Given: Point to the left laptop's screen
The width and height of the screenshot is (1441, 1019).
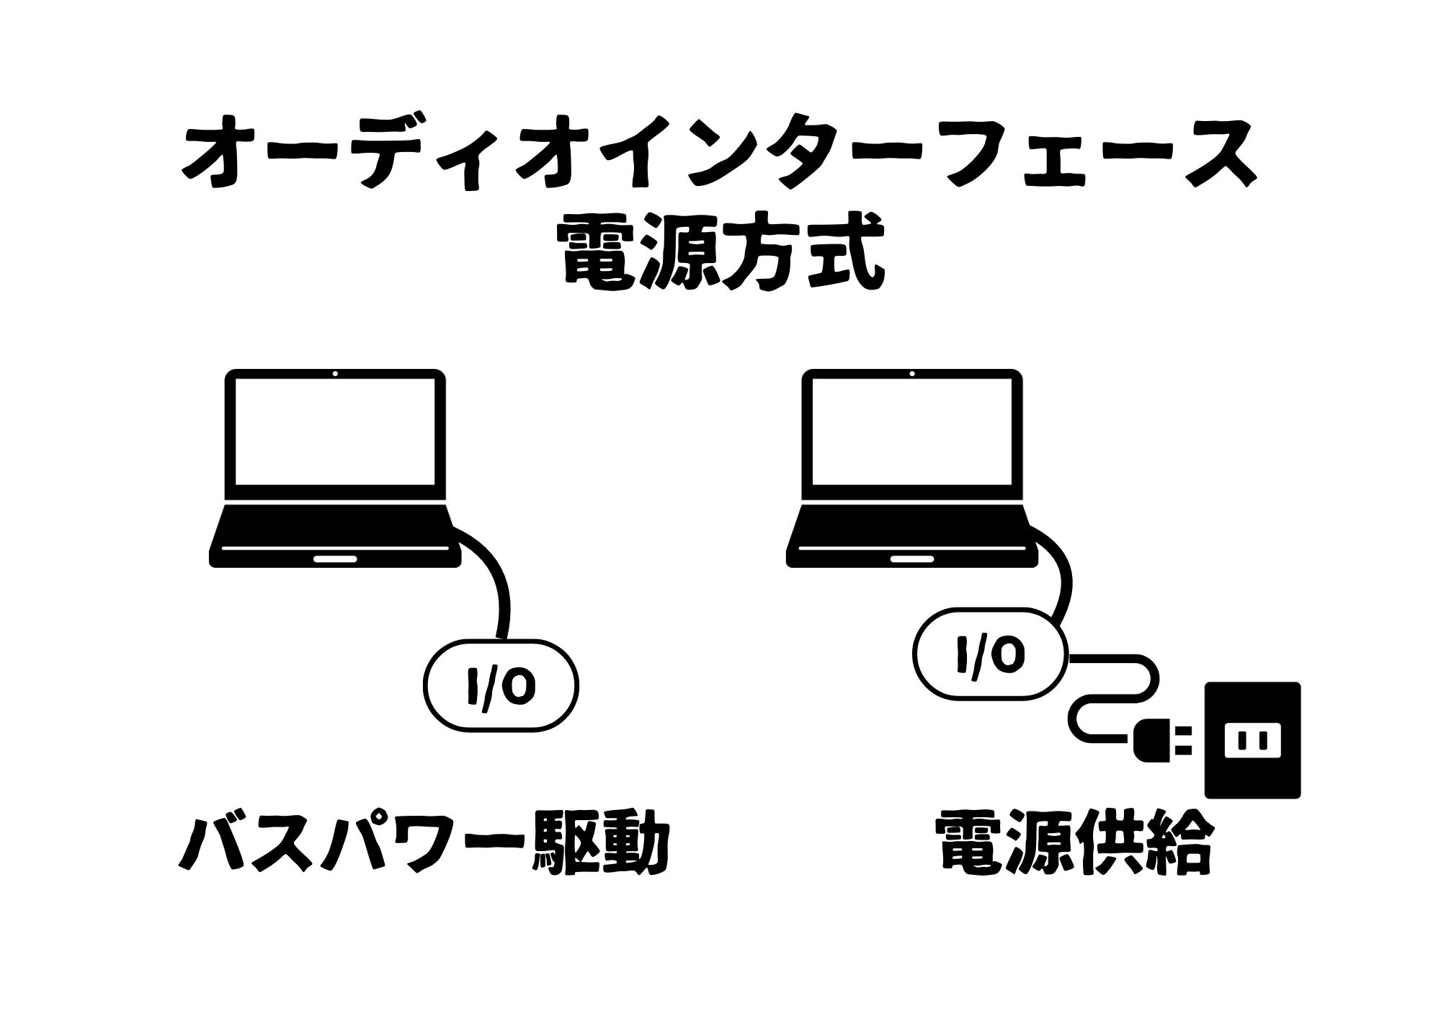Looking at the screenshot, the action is (335, 431).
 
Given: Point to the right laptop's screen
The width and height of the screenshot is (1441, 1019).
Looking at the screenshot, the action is (912, 431).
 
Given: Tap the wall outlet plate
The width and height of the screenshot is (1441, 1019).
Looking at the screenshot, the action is (1252, 740).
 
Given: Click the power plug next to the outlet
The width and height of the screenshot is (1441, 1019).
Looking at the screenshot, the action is (1162, 740).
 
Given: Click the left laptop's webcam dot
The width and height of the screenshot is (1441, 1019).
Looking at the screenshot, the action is (335, 373).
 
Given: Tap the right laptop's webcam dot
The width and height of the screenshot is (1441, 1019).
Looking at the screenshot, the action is (912, 373).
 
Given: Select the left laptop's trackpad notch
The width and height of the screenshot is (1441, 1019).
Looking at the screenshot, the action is (335, 559).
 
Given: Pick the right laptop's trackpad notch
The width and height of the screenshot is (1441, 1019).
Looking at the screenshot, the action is (912, 559).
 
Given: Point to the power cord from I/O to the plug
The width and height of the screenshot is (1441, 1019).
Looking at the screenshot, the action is (1146, 685).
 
